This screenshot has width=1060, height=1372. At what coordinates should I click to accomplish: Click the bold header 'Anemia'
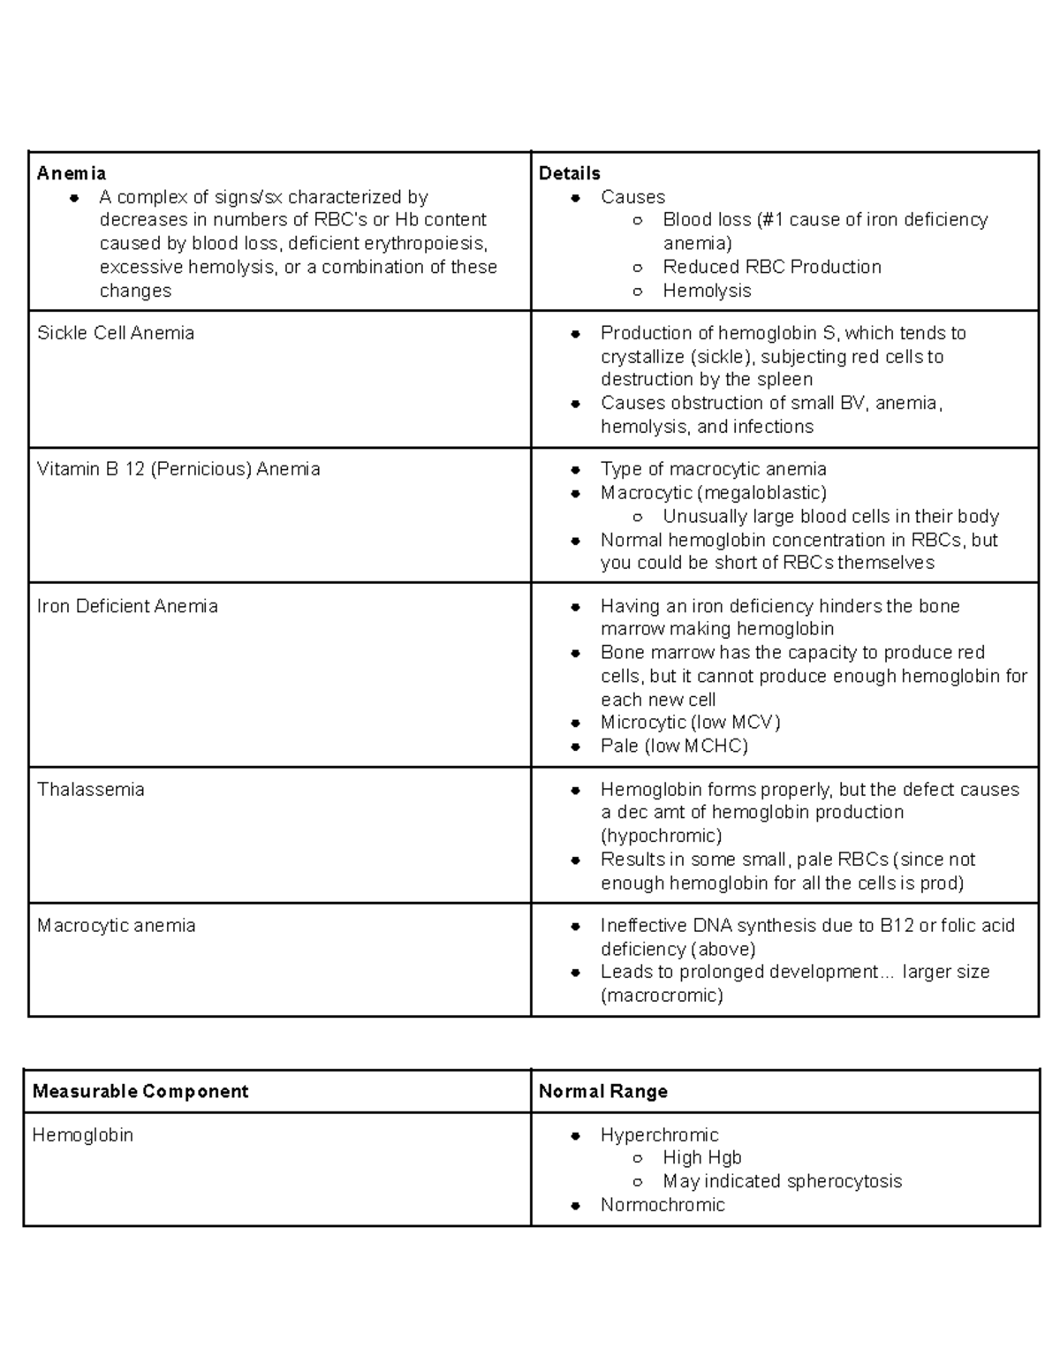point(72,173)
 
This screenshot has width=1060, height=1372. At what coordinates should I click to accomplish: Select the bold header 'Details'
point(570,173)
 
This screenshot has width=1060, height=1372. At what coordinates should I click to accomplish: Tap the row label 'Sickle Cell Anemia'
point(116,333)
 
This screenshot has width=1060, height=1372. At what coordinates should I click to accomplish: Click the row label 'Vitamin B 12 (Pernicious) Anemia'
point(178,469)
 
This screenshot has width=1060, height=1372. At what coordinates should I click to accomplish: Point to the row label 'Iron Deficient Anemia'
point(127,606)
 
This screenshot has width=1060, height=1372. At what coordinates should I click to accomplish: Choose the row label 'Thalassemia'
point(90,790)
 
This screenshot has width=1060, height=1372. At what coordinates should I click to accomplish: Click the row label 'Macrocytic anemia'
point(116,926)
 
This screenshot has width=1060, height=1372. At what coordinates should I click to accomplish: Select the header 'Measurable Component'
point(140,1091)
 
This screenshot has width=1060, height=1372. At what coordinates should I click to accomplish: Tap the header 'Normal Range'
point(603,1091)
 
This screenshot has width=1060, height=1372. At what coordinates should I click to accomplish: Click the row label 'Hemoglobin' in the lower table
point(82,1135)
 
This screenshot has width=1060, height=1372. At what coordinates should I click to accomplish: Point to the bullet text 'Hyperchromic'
point(659,1135)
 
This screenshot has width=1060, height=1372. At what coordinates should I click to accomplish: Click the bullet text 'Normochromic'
point(662,1205)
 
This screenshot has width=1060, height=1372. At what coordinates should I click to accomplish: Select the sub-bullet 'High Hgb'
point(702,1157)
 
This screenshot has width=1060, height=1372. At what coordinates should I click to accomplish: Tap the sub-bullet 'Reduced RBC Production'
point(772,267)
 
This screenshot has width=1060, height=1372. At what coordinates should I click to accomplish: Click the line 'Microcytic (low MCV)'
point(691,723)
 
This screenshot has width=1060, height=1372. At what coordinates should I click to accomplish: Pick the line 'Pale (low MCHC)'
point(674,746)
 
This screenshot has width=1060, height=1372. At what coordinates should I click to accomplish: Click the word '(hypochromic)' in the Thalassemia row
point(661,836)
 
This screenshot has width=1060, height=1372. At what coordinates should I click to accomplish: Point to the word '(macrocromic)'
point(662,996)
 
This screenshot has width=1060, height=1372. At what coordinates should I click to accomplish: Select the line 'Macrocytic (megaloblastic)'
point(714,492)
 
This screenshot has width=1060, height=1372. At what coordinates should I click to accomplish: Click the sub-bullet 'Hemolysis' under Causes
point(707,291)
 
